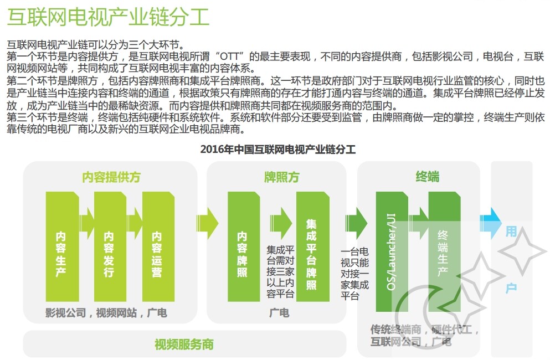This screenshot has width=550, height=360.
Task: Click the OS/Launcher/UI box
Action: pyautogui.click(x=392, y=252)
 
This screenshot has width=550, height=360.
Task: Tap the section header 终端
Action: pyautogui.click(x=427, y=177)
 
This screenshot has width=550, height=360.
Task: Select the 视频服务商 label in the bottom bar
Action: pyautogui.click(x=184, y=344)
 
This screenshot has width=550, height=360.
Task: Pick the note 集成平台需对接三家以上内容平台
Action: pyautogui.click(x=280, y=271)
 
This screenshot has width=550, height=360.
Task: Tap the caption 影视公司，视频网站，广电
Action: pyautogui.click(x=106, y=313)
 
